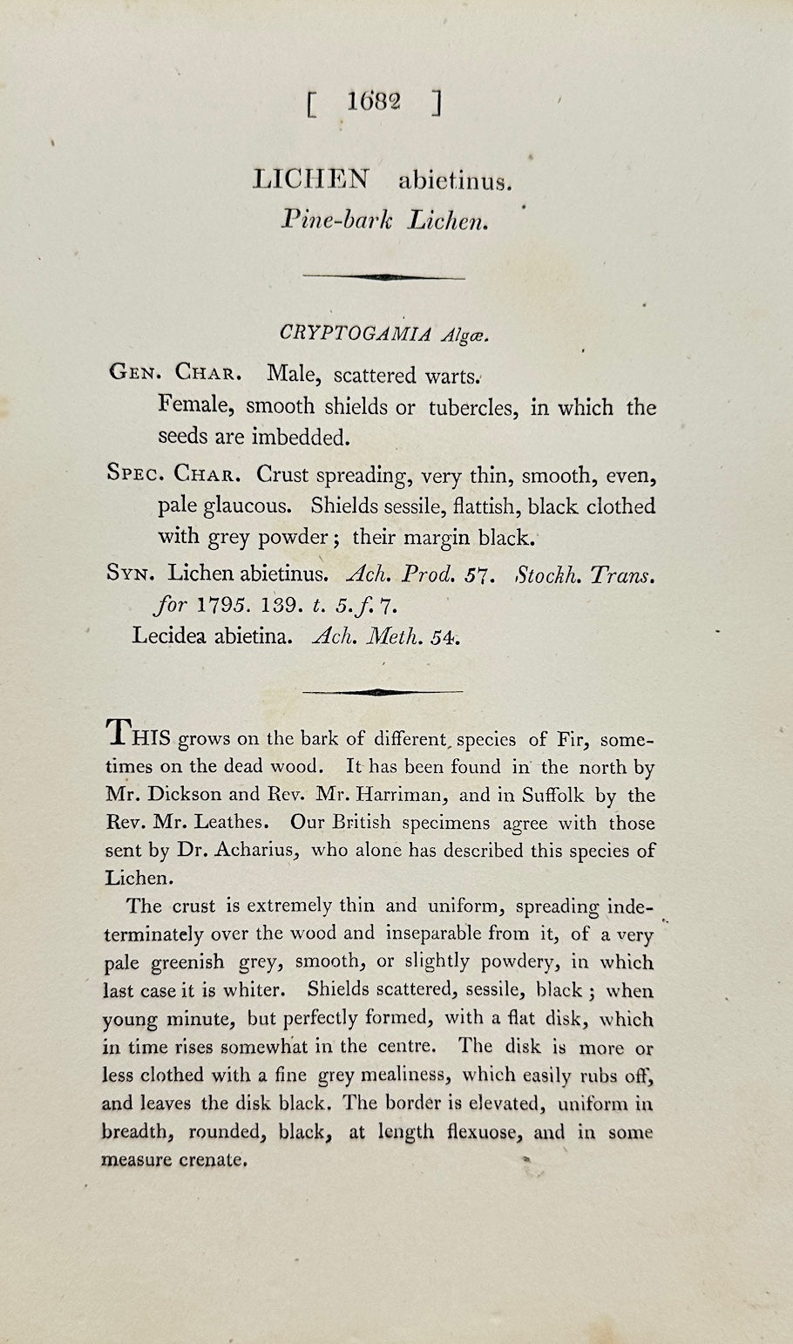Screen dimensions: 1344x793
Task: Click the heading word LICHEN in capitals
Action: click(310, 180)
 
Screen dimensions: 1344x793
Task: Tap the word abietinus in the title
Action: click(453, 181)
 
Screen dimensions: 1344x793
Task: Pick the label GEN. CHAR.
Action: click(175, 374)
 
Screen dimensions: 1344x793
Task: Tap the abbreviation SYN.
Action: click(131, 573)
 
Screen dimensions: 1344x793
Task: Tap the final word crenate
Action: click(208, 1161)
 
